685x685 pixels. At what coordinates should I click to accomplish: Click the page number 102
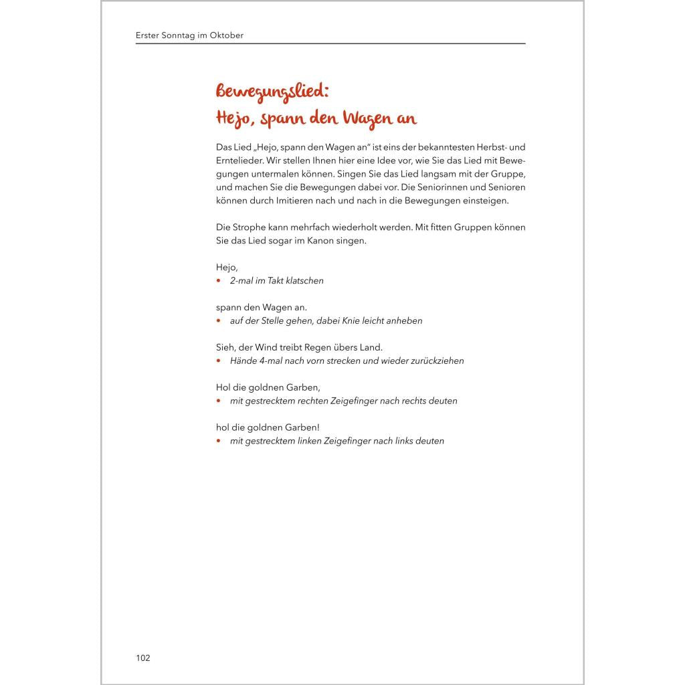(143, 658)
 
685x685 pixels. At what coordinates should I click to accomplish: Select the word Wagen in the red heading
(369, 119)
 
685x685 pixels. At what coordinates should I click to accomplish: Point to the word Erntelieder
(240, 161)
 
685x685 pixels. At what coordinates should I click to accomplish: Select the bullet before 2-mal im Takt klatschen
(219, 281)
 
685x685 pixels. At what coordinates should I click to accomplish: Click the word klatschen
(304, 281)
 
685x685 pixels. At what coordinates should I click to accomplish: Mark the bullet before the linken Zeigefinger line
(219, 442)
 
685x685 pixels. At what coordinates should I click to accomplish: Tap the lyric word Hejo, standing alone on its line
(227, 268)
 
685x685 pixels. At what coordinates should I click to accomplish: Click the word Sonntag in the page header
(176, 35)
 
